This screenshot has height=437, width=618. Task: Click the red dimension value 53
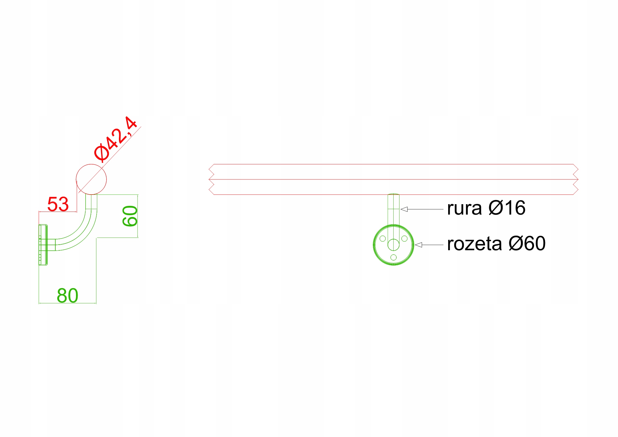(x=58, y=204)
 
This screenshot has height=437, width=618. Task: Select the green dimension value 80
(x=67, y=296)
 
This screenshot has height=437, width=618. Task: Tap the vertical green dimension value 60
(x=130, y=216)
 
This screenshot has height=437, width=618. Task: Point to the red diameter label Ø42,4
(x=115, y=139)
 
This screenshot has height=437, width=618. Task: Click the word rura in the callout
(x=464, y=208)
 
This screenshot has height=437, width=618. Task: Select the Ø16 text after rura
(x=507, y=208)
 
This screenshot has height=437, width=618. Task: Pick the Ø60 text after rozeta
(x=527, y=244)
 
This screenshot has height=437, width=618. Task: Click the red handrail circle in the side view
(x=91, y=179)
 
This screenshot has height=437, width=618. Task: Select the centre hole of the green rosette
(x=393, y=245)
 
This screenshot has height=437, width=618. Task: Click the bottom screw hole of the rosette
(x=393, y=257)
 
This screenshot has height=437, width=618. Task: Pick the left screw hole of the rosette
(x=383, y=239)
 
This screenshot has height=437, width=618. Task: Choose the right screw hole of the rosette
(x=404, y=239)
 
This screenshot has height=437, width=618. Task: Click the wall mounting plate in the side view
(x=43, y=245)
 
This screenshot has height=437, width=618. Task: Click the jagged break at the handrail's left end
(x=211, y=179)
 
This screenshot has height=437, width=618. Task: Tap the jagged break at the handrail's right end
(x=576, y=179)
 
